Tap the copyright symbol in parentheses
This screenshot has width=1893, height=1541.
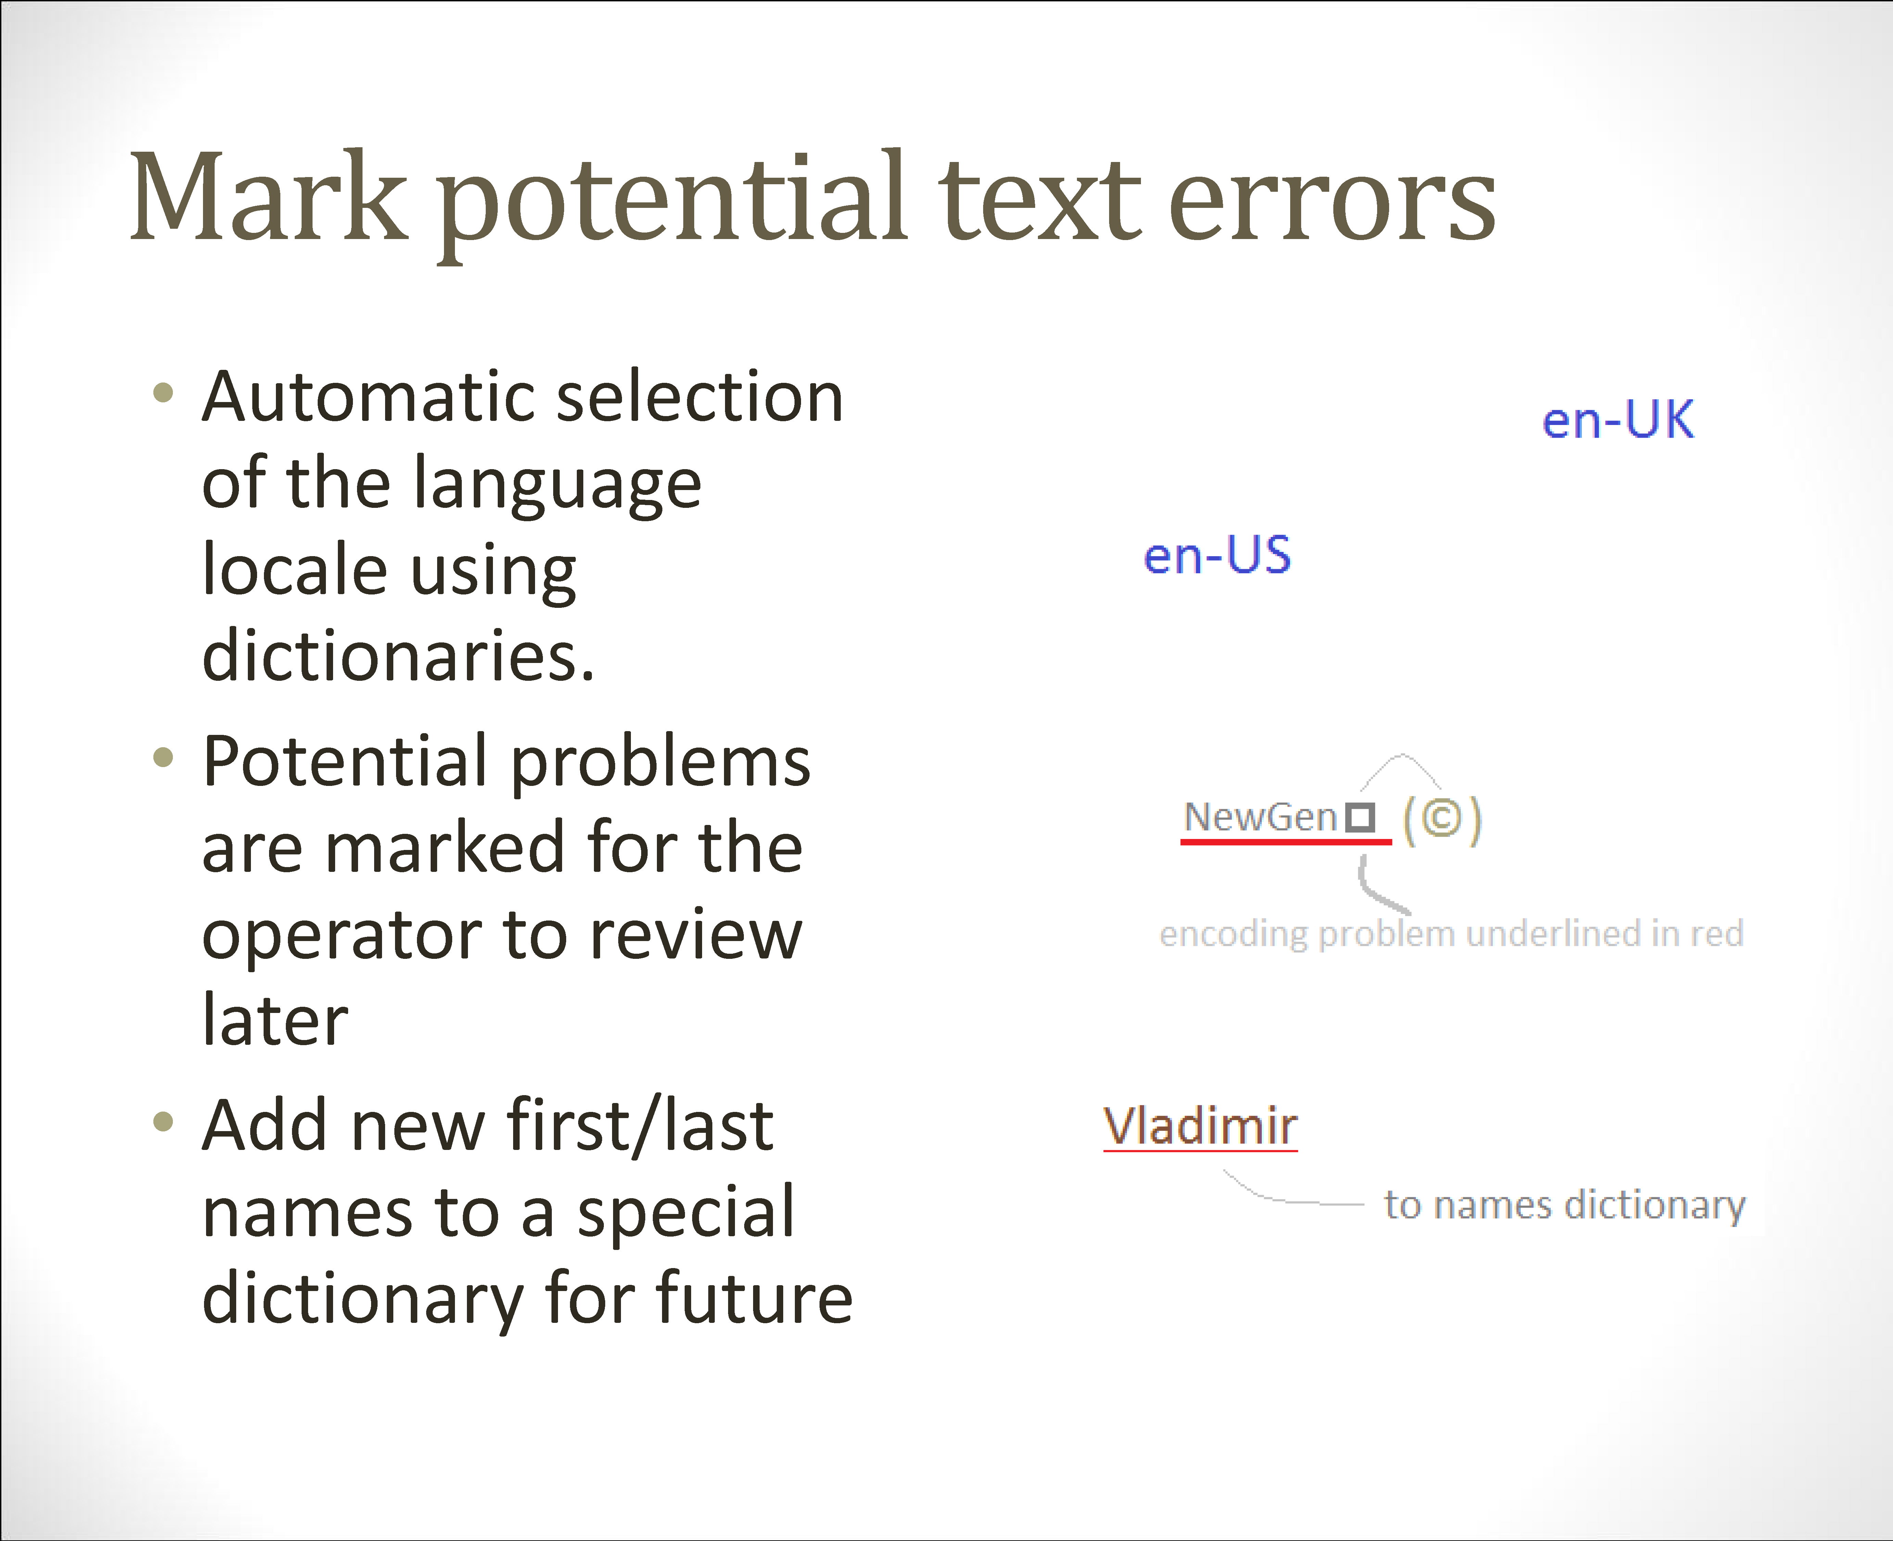tap(1442, 818)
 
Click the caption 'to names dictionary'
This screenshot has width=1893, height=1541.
tap(1565, 1205)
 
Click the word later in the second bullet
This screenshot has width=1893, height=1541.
tap(275, 1019)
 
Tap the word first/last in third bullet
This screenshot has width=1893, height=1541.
tap(639, 1126)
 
